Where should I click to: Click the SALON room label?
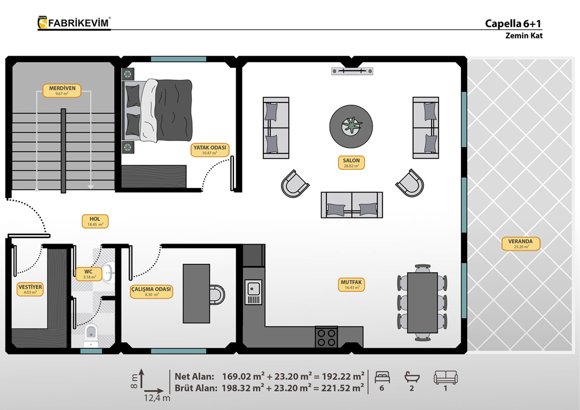[x=351, y=163]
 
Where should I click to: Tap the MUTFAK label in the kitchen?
[x=351, y=284]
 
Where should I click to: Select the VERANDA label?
[x=521, y=244]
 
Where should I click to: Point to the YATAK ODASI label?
[x=210, y=150]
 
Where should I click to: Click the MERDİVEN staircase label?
[x=62, y=91]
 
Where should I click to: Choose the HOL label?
[x=95, y=221]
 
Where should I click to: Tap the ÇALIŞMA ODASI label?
[x=151, y=291]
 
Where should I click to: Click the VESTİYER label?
[x=31, y=289]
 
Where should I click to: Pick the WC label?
[x=88, y=274]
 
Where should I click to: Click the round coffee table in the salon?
[x=351, y=126]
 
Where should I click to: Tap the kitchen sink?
[x=253, y=292]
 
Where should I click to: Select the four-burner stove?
[x=326, y=337]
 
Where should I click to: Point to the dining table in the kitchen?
[x=423, y=303]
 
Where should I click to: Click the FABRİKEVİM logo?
[x=74, y=23]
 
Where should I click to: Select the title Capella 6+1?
[x=513, y=24]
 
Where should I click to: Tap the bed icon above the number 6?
[x=382, y=377]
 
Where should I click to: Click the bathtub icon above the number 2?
[x=412, y=377]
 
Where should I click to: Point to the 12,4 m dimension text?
[x=157, y=399]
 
